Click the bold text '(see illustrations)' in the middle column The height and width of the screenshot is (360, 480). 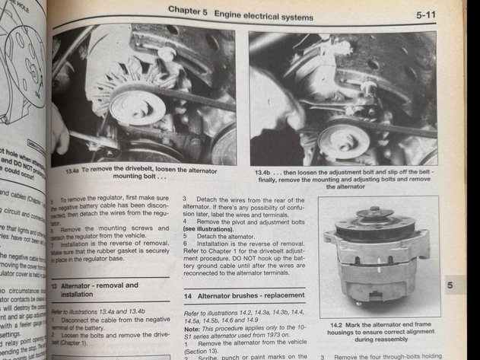pyautogui.click(x=211, y=228)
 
